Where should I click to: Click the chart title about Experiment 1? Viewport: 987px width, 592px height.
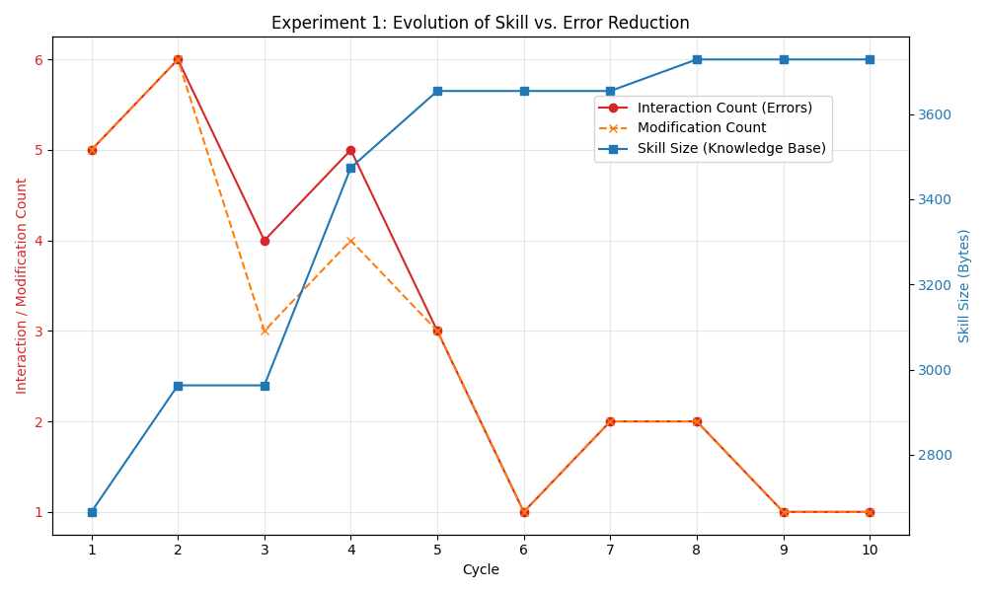coord(481,23)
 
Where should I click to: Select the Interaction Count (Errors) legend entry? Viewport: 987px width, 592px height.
coord(724,108)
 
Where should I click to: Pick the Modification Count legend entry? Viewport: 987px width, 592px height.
coord(701,128)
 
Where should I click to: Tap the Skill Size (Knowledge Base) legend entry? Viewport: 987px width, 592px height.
coord(730,149)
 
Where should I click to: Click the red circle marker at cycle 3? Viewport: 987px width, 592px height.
coord(265,241)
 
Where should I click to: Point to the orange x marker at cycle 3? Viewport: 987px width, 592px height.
coord(265,331)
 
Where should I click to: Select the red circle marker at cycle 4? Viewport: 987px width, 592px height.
coord(350,150)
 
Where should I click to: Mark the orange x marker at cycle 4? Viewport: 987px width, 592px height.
coord(350,241)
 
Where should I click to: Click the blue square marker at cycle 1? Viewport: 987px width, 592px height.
coord(92,512)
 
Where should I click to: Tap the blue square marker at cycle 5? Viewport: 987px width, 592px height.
coord(437,91)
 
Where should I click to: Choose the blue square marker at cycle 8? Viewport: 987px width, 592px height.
coord(697,59)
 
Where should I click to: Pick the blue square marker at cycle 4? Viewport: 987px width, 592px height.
coord(350,168)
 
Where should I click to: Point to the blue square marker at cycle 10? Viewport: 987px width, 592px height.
coord(870,59)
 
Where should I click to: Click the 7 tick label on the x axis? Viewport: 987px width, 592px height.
coord(610,550)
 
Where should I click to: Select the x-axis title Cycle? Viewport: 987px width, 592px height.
coord(481,570)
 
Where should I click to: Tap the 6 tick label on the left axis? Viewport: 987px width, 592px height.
coord(38,59)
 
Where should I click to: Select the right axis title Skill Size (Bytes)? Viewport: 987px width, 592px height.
coord(964,286)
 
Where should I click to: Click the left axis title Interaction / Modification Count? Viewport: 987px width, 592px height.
coord(22,286)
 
